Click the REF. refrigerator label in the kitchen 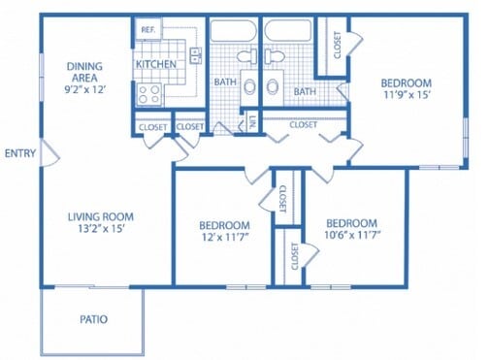tap(147, 30)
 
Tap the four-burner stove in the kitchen tap(150, 94)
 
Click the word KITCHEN tap(155, 64)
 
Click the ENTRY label tap(19, 153)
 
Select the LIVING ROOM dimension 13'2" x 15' tap(100, 230)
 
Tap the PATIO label tap(94, 318)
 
